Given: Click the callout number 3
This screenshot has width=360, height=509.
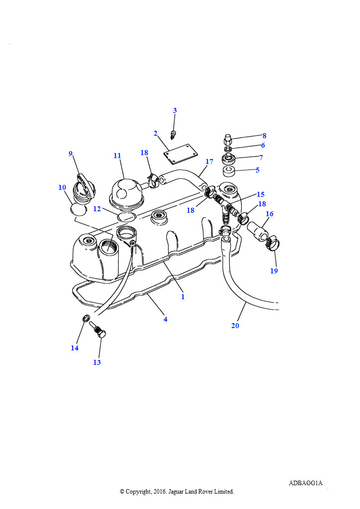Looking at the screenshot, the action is tap(175, 110).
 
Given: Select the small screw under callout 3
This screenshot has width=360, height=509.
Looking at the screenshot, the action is tap(174, 134).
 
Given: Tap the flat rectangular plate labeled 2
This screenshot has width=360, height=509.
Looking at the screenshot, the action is tap(181, 155).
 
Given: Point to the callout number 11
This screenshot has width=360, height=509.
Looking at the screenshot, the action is tap(117, 156).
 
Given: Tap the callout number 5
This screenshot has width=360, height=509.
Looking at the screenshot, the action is tap(258, 170).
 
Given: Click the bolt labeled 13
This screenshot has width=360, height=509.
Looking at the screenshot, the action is tap(98, 329).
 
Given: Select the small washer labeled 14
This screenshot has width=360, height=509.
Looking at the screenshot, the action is tap(86, 319).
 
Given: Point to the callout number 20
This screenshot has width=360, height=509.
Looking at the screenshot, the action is tap(235, 326).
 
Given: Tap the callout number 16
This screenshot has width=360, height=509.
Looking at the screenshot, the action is tap(270, 214).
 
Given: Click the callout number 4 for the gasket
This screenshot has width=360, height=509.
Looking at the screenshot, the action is tap(166, 320).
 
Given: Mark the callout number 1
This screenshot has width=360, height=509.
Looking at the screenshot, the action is tap(183, 297).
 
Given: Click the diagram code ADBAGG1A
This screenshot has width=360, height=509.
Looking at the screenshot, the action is tap(305, 483).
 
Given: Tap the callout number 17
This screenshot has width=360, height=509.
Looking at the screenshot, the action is tap(209, 162).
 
